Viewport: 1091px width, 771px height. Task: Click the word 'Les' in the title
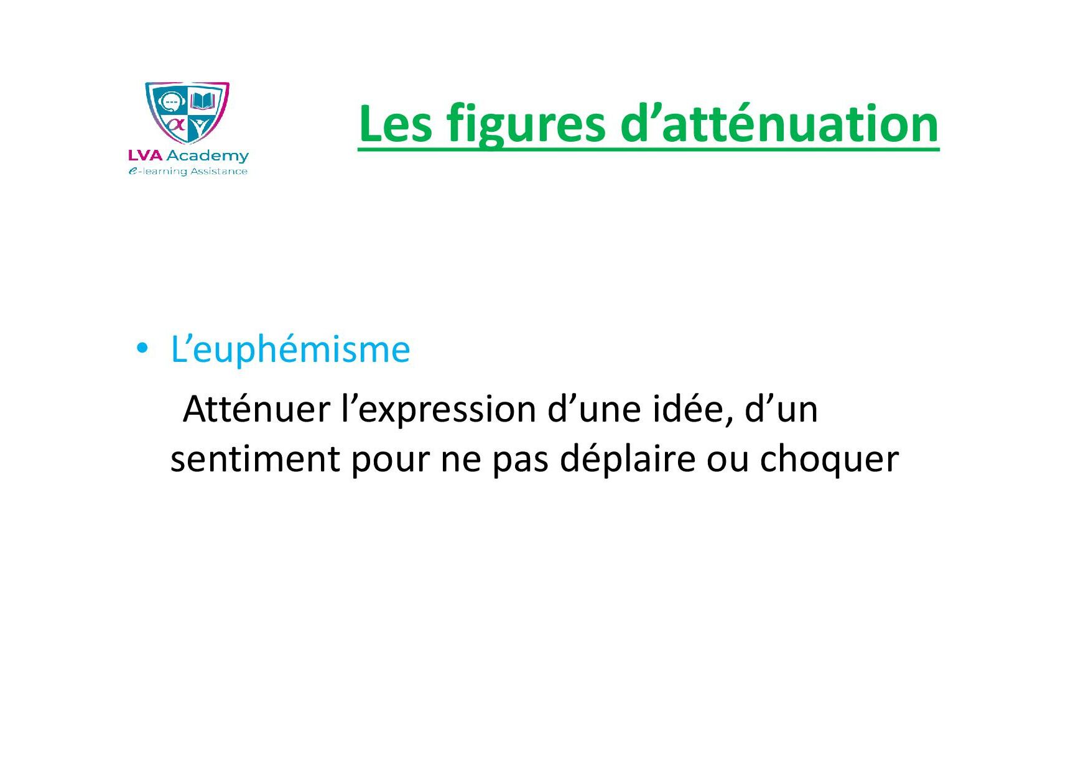pos(396,124)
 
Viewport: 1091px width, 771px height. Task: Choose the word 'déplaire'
pos(627,459)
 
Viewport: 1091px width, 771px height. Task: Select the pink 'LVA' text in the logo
pos(146,155)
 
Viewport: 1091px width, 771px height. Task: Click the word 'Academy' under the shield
pos(208,156)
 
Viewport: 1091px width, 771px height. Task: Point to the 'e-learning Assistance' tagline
pos(188,172)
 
